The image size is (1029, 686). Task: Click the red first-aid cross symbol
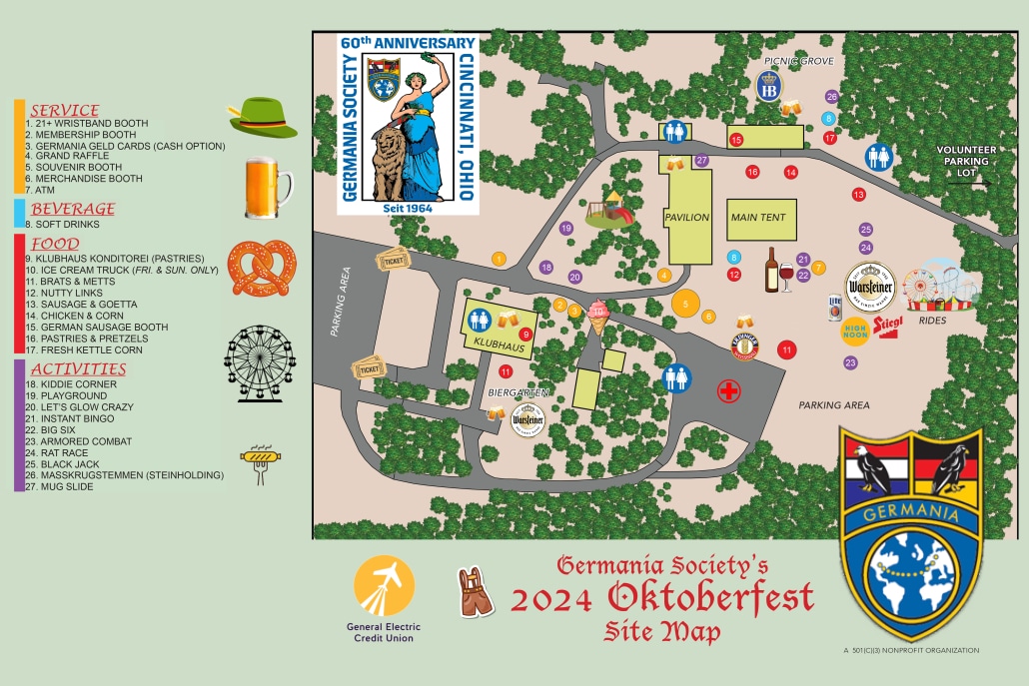click(x=729, y=391)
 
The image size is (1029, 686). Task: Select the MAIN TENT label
click(x=758, y=218)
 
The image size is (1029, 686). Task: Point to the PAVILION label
click(x=686, y=218)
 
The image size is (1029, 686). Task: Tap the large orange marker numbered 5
click(x=685, y=303)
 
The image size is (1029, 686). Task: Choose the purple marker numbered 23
click(x=850, y=362)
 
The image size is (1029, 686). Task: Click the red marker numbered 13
click(x=858, y=194)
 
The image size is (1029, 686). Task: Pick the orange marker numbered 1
click(x=499, y=259)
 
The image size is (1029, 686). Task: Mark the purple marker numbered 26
click(x=831, y=97)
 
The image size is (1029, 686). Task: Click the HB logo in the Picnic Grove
click(x=767, y=90)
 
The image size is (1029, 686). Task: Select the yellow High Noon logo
click(x=855, y=329)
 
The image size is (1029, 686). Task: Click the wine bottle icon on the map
click(x=771, y=270)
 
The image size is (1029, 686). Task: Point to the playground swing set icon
click(x=608, y=210)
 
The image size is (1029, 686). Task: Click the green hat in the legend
click(x=263, y=117)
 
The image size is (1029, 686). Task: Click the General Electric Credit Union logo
click(x=385, y=599)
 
